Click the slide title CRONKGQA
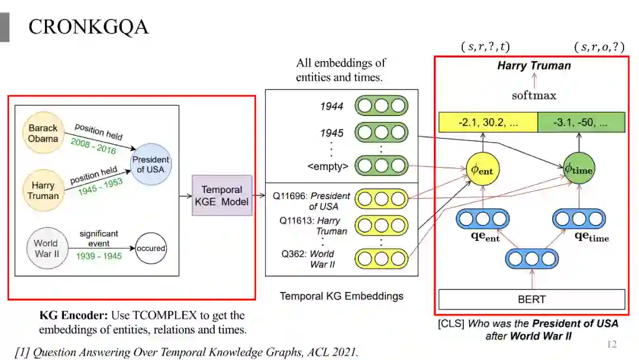click(x=89, y=27)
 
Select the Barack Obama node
click(x=43, y=133)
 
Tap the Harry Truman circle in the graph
click(x=43, y=190)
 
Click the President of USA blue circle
click(x=150, y=164)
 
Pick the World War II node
click(x=45, y=248)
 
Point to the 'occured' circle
click(x=151, y=249)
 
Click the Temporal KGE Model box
click(x=222, y=195)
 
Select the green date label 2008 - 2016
click(x=93, y=146)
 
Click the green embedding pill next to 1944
click(x=381, y=106)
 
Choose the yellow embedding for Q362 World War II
click(x=381, y=259)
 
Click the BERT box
click(x=531, y=299)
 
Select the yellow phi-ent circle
click(x=482, y=169)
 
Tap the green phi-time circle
click(x=578, y=169)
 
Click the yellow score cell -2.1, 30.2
click(x=488, y=123)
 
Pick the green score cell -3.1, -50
click(x=580, y=123)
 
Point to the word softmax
click(x=534, y=95)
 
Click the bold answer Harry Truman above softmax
click(x=534, y=66)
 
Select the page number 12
click(x=612, y=344)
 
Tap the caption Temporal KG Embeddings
click(x=341, y=296)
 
